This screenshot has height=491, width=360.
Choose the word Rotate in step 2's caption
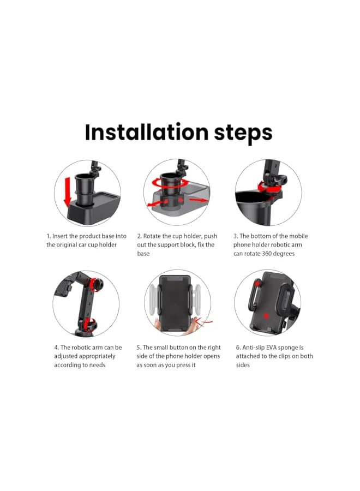153,236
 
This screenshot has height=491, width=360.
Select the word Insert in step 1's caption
62,236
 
